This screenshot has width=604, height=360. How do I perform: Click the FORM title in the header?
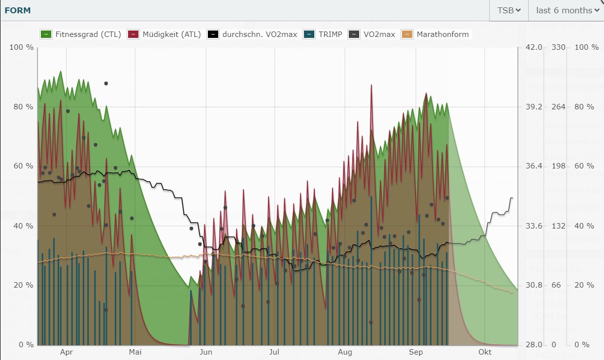(17, 10)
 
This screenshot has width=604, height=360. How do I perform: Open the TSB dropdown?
(509, 10)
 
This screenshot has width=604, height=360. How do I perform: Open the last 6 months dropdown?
(567, 10)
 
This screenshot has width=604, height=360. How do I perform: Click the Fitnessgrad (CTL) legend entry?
(81, 34)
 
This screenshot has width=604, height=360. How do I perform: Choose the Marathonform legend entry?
(436, 34)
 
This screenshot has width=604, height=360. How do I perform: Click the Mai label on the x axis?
(135, 352)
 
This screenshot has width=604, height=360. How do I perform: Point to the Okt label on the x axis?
(485, 352)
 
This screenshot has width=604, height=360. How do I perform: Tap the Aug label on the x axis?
(345, 352)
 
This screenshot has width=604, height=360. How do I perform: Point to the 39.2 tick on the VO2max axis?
(534, 107)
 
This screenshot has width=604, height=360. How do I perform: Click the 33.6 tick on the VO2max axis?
(534, 226)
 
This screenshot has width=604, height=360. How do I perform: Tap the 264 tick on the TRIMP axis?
(557, 107)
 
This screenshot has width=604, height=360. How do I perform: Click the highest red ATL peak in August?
(371, 85)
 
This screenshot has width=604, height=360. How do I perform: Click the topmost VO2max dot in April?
(106, 83)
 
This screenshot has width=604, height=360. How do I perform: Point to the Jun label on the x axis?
(206, 352)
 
